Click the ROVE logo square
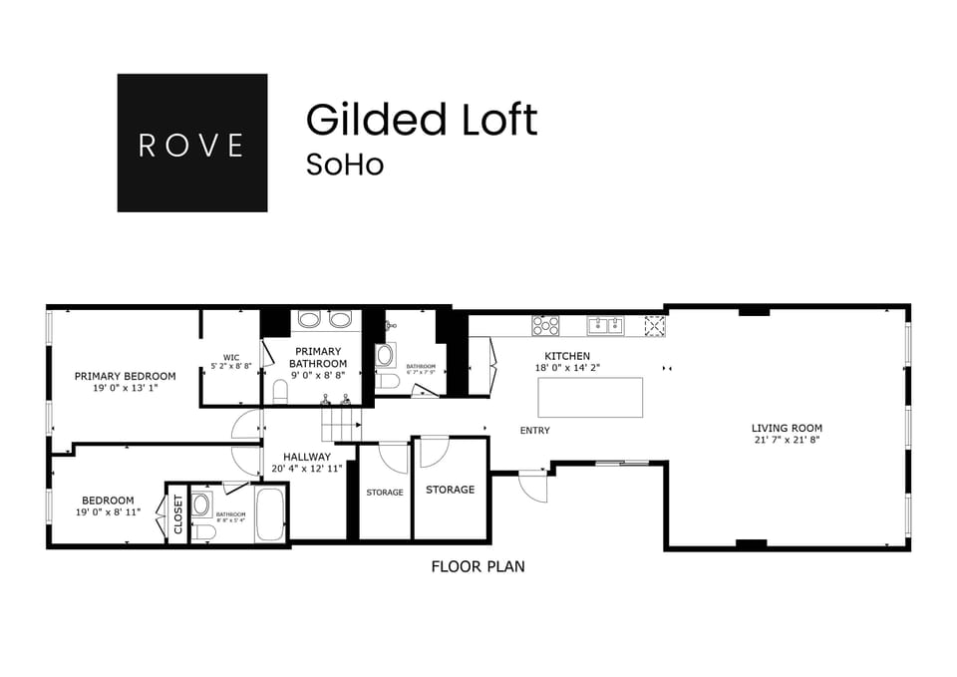coord(191,143)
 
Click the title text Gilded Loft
coord(422,120)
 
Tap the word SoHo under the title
coord(344,165)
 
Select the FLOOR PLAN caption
coord(478,566)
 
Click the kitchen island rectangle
coord(590,397)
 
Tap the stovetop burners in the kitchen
coord(545,324)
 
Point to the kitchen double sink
coord(605,324)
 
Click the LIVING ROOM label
coord(787,429)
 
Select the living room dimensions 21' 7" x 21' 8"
coord(787,441)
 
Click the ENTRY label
coord(534,431)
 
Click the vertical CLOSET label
coord(178,514)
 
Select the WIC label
coord(231,357)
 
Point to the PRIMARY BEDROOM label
coord(125,376)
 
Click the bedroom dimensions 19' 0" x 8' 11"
coord(108,512)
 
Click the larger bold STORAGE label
coord(450,490)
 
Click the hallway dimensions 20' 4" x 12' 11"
coord(306,468)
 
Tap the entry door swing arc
coord(533,489)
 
